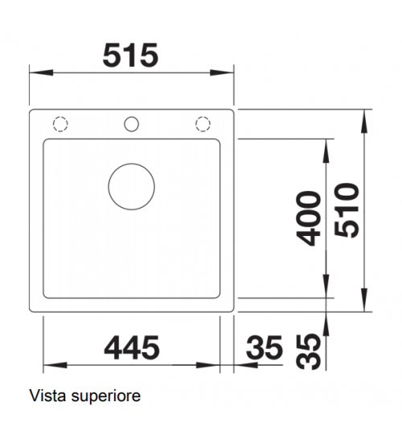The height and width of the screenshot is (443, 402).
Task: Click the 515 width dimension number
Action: [x=130, y=56]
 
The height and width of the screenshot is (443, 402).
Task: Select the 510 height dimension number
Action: [x=347, y=210]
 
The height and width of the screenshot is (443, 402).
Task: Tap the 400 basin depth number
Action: [x=309, y=218]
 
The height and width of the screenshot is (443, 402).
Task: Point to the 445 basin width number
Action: [x=132, y=347]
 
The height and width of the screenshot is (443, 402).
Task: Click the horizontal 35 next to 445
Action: [x=265, y=347]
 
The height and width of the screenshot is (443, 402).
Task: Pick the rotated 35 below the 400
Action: [x=309, y=351]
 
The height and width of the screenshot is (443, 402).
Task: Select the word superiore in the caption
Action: [x=106, y=397]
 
